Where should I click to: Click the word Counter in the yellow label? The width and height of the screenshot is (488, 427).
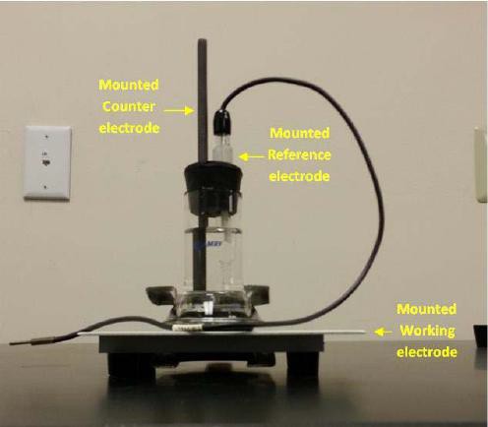(129, 106)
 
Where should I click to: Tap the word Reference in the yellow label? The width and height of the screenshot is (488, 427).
(299, 154)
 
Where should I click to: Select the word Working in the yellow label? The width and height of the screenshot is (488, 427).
(428, 331)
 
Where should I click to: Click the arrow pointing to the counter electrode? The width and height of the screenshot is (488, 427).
(179, 111)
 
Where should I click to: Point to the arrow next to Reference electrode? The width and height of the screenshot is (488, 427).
(252, 157)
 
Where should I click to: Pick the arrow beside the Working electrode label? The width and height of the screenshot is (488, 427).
(383, 333)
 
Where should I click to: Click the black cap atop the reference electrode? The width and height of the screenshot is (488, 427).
(223, 120)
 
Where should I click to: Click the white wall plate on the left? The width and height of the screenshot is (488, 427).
(47, 162)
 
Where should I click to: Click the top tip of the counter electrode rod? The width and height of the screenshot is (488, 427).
(202, 40)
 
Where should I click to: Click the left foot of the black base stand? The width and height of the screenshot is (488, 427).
(131, 365)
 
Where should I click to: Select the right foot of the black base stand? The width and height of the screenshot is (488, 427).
(302, 364)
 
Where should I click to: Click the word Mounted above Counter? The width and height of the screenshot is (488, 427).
(129, 85)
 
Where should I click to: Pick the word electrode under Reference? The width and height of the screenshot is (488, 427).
(299, 176)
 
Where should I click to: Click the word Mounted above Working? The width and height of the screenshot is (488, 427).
(426, 309)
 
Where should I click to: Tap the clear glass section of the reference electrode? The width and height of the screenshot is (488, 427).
(223, 146)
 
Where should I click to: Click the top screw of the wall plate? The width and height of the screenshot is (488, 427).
(47, 136)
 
